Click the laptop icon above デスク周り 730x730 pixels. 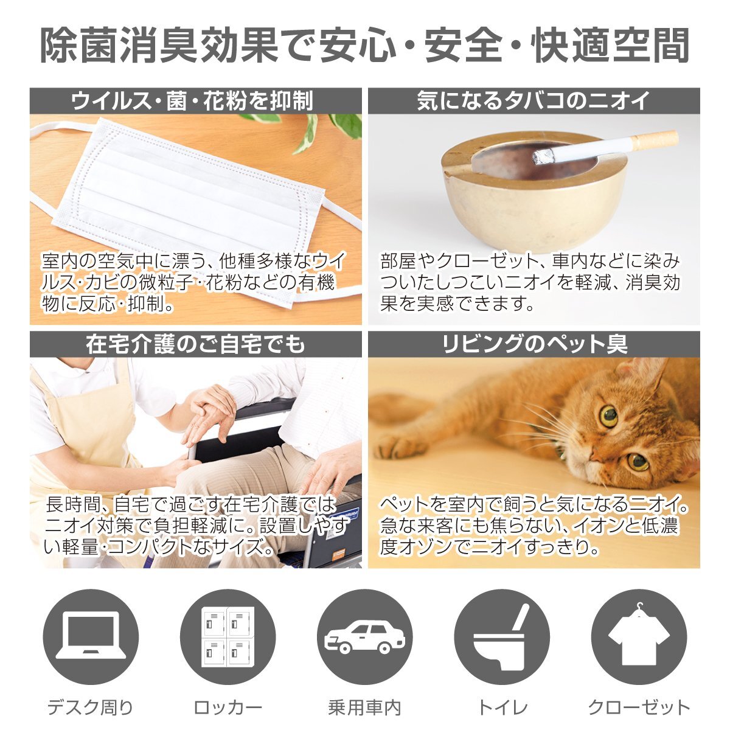(x=91, y=637)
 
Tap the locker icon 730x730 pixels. (x=228, y=637)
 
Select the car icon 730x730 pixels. (x=365, y=637)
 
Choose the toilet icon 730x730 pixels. (x=502, y=637)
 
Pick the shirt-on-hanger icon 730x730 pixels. (x=639, y=637)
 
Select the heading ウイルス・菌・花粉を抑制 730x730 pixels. (x=192, y=101)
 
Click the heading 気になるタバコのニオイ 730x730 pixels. (x=534, y=101)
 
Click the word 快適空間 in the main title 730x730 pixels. (x=610, y=46)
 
